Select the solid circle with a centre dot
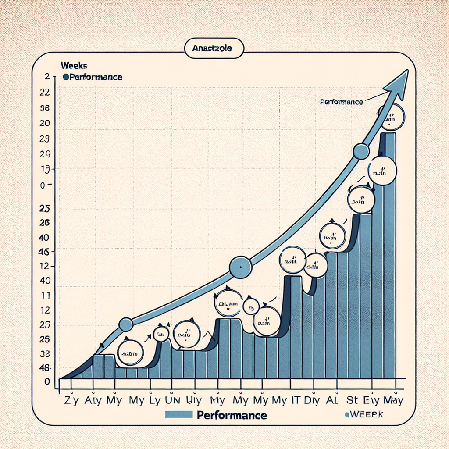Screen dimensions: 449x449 (241, 267)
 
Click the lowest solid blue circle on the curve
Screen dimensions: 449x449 (126, 324)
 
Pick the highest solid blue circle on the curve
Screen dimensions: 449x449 (361, 151)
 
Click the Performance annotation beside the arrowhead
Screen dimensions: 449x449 (341, 102)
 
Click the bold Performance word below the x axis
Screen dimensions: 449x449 (232, 415)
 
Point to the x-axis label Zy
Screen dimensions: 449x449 (71, 400)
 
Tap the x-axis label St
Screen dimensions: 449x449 (353, 400)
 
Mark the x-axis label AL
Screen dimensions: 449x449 (332, 400)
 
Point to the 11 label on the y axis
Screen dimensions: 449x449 (45, 296)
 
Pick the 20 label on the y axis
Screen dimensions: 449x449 (44, 123)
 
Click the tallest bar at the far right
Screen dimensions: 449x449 (389, 254)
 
